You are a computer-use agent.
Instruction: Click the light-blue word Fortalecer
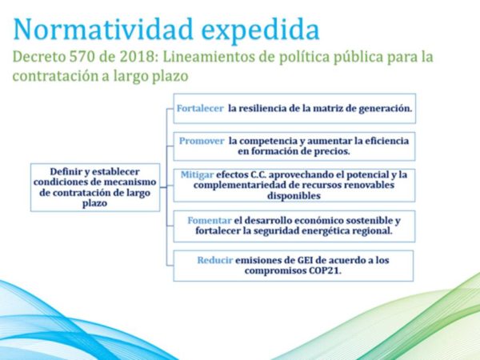coord(200,108)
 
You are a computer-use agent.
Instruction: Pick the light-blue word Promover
coord(202,141)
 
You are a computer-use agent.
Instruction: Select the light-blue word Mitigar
coord(197,174)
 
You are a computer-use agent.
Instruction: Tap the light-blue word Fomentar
coord(210,221)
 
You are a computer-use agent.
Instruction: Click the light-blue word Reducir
coord(215,260)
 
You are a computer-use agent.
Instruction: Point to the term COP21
coord(325,270)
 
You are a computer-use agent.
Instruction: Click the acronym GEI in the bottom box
coord(305,260)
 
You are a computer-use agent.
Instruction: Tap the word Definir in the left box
coord(64,171)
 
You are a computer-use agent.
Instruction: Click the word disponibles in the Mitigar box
coord(294,196)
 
